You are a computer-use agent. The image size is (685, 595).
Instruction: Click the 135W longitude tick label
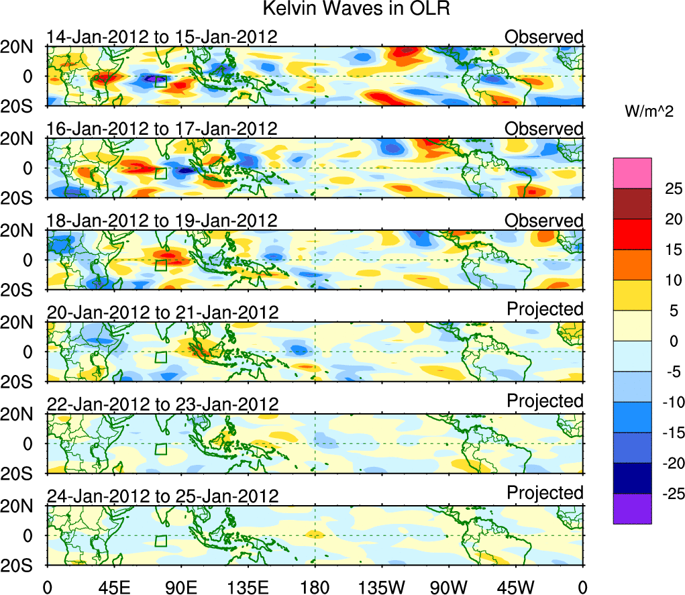[381, 588]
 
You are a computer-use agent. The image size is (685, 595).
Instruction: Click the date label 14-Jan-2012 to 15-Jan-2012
[162, 37]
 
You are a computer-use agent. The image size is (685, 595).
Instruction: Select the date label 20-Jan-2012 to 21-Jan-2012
[162, 313]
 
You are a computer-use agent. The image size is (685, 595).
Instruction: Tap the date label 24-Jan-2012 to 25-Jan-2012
[162, 496]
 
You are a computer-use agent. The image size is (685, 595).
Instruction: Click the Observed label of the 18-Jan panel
[544, 221]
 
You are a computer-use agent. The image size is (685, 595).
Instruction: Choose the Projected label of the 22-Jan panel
[545, 401]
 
